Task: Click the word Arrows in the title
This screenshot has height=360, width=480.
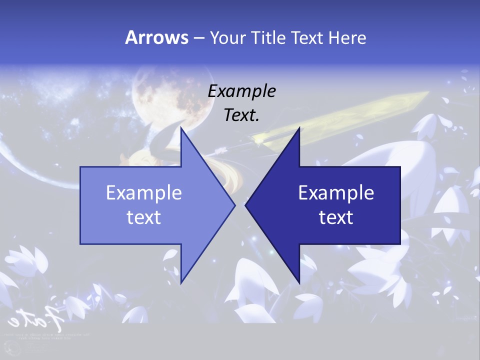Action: click(156, 37)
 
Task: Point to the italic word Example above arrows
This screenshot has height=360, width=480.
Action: click(242, 91)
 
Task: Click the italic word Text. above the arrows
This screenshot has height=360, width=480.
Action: click(242, 115)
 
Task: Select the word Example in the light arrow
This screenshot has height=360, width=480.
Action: click(144, 192)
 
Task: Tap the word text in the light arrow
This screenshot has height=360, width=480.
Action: click(144, 217)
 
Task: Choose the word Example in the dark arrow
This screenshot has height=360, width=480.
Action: click(336, 192)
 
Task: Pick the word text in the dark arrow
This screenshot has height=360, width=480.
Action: click(336, 217)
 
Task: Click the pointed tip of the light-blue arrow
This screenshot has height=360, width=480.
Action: click(234, 205)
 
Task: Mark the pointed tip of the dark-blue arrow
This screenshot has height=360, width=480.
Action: click(245, 205)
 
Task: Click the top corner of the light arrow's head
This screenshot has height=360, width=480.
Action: click(181, 128)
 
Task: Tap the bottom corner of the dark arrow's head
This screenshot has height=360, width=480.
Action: click(299, 283)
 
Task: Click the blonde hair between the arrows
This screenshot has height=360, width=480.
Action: click(225, 172)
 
